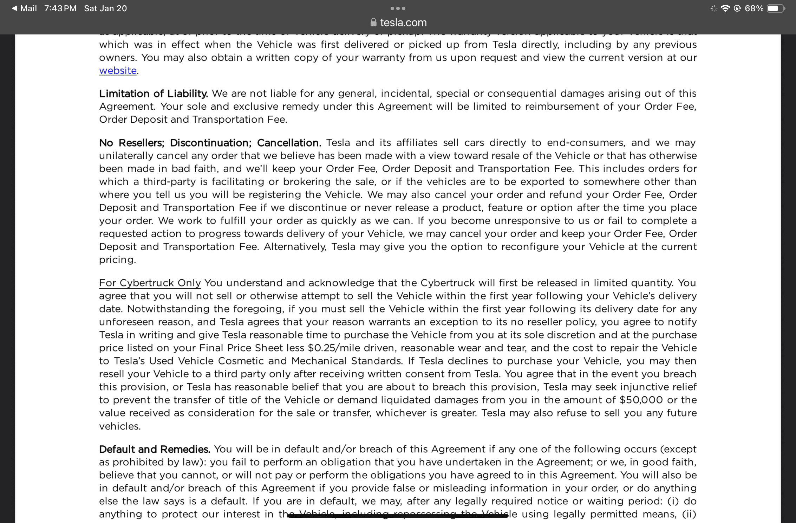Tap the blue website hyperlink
tap(118, 71)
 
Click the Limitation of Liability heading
tap(153, 93)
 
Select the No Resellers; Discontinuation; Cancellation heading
tap(210, 143)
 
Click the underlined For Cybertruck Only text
tap(150, 283)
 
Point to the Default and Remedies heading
tap(154, 449)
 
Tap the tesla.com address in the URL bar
tap(403, 22)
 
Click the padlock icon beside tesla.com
tap(373, 22)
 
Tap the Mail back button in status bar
tap(24, 8)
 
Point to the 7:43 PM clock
tap(60, 8)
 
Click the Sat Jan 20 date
tap(105, 8)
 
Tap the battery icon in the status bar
tap(775, 8)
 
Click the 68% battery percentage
tap(754, 8)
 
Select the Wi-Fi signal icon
tap(725, 8)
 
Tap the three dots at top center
tap(398, 8)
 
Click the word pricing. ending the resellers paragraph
tap(117, 260)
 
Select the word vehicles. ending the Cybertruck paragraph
tap(119, 426)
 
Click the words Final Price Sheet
tap(241, 348)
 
